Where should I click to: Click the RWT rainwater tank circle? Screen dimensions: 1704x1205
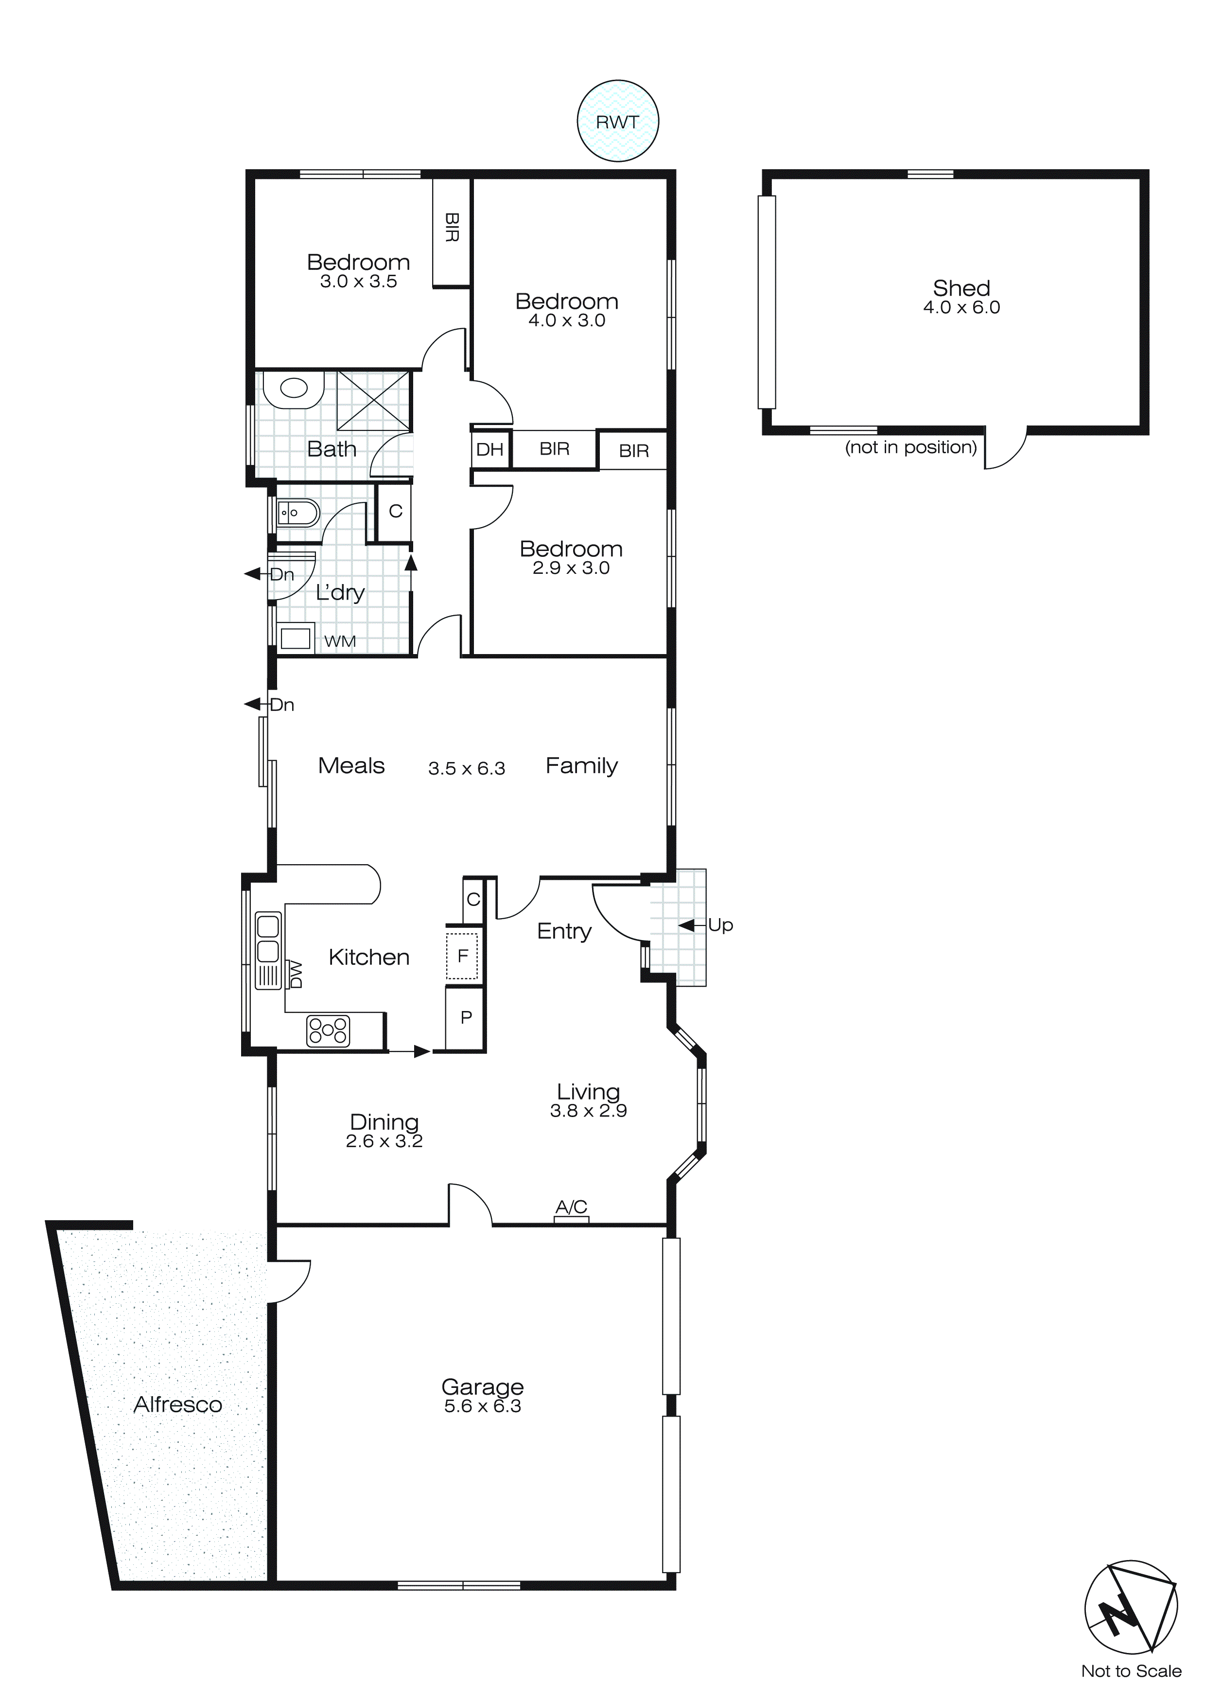[x=617, y=121]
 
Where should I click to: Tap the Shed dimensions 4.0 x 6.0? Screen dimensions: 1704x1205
[x=961, y=307]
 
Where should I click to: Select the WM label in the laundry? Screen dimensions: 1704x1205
[x=340, y=641]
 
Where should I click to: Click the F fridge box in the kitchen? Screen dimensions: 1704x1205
[x=462, y=956]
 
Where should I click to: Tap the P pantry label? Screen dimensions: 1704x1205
[x=466, y=1017]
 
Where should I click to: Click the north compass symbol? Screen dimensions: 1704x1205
[x=1131, y=1607]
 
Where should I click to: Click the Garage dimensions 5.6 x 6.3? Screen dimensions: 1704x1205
[x=482, y=1406]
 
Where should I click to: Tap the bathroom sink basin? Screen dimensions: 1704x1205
[x=295, y=388]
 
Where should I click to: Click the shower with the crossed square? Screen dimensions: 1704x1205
[x=373, y=401]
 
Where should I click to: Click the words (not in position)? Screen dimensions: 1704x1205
[x=910, y=447]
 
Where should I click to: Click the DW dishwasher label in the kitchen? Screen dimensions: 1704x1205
[x=296, y=975]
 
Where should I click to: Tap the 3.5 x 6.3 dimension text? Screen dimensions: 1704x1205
[x=466, y=768]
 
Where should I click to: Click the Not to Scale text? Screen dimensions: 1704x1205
[x=1131, y=1670]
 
